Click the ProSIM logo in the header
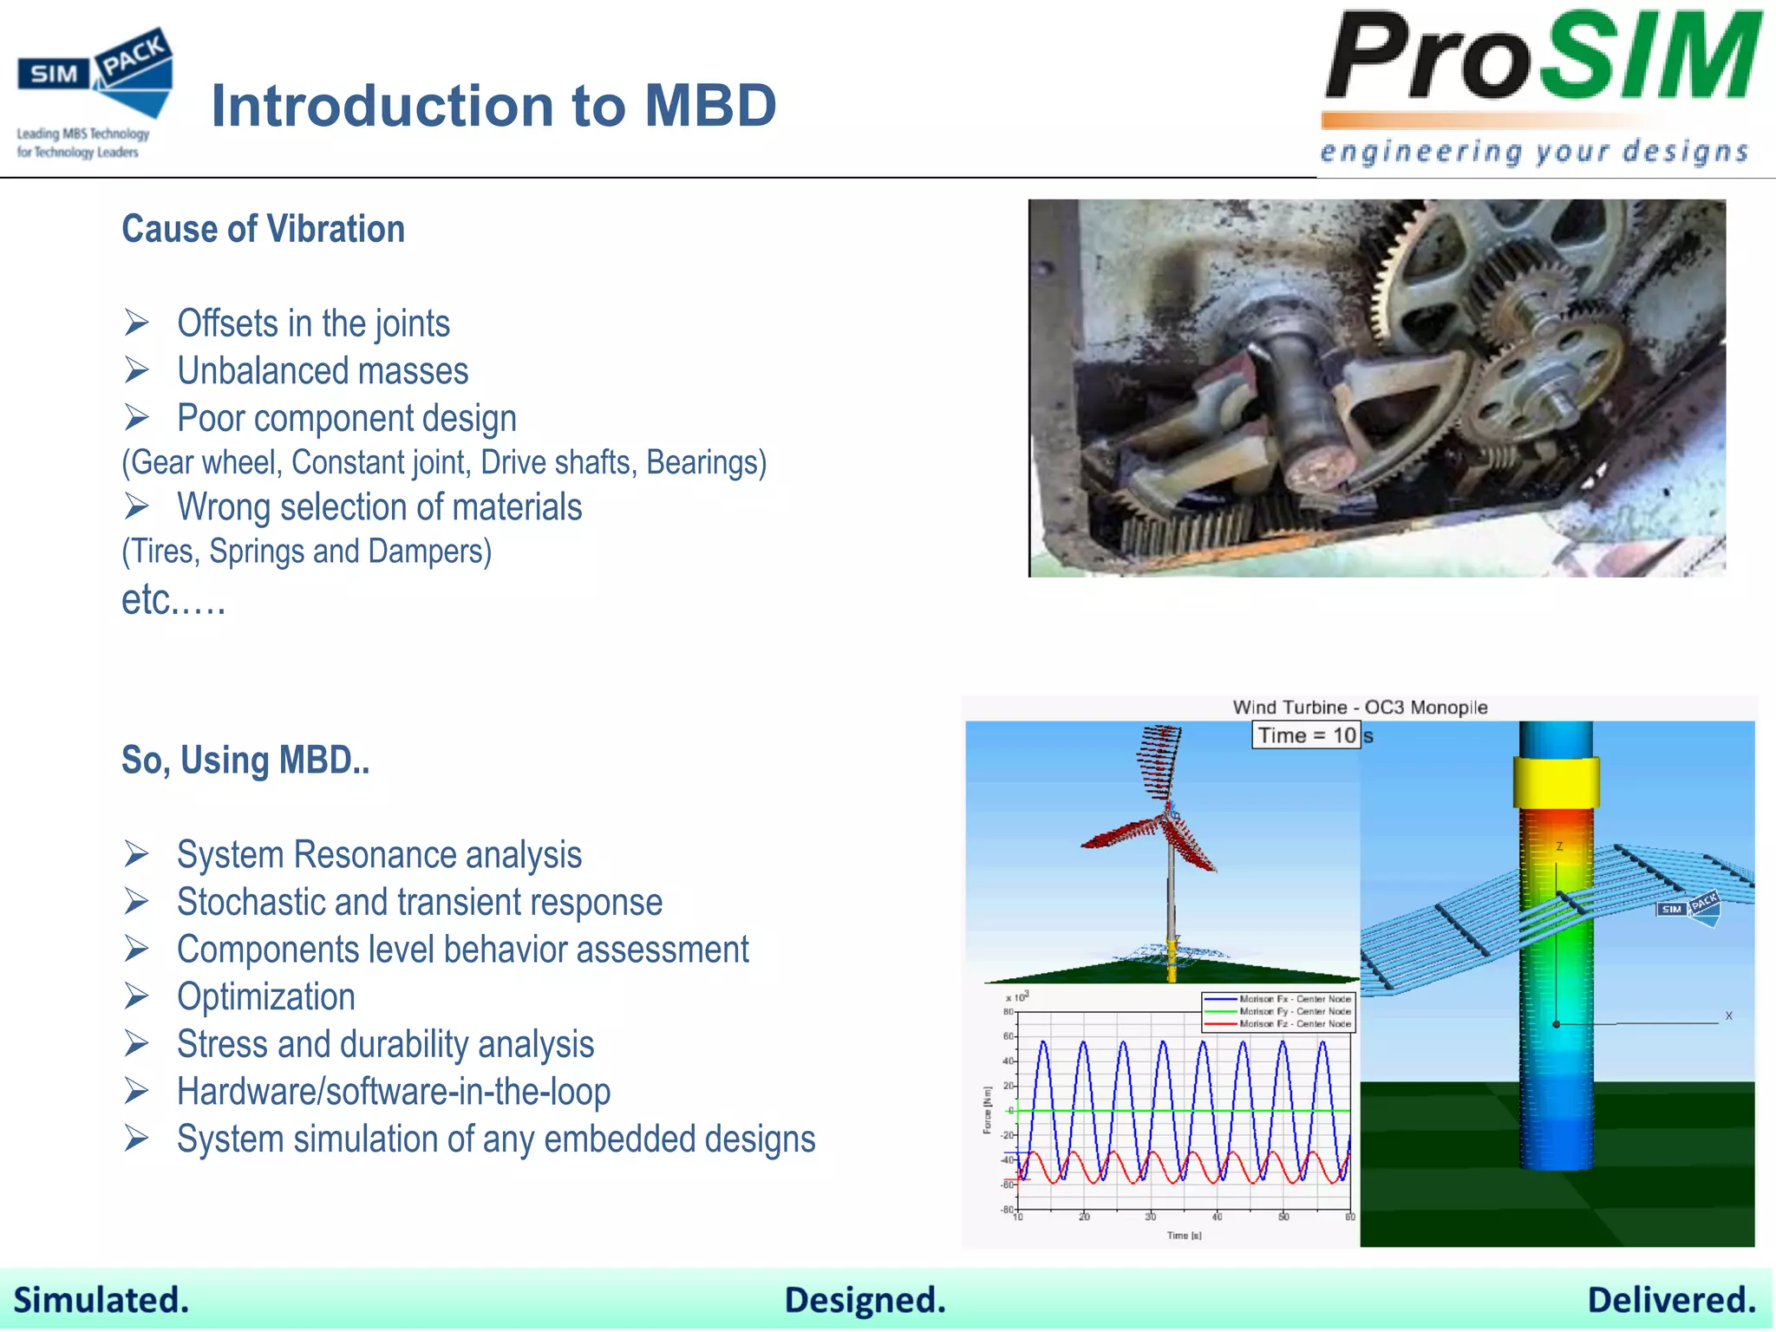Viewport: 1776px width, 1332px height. point(1542,59)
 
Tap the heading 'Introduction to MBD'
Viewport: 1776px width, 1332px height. point(493,106)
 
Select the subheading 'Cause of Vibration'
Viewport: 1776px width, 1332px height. point(263,230)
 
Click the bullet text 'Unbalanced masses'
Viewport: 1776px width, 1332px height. point(323,371)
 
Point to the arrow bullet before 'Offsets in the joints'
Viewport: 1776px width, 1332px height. point(136,323)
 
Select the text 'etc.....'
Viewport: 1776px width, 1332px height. point(173,600)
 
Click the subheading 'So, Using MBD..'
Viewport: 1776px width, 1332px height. point(245,761)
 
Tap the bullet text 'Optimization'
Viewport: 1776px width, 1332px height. point(266,997)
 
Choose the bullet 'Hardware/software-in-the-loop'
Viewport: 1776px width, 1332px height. point(394,1092)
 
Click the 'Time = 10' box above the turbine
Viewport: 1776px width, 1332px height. point(1306,735)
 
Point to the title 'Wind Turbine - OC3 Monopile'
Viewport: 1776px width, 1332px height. point(1360,708)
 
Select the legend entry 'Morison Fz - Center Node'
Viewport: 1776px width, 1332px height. point(1294,1024)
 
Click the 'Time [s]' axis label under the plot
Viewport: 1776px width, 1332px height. point(1184,1235)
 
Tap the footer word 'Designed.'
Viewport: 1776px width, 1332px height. point(865,1300)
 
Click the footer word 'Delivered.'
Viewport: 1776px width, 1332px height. point(1671,1300)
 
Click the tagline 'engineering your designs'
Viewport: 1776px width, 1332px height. point(1533,152)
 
